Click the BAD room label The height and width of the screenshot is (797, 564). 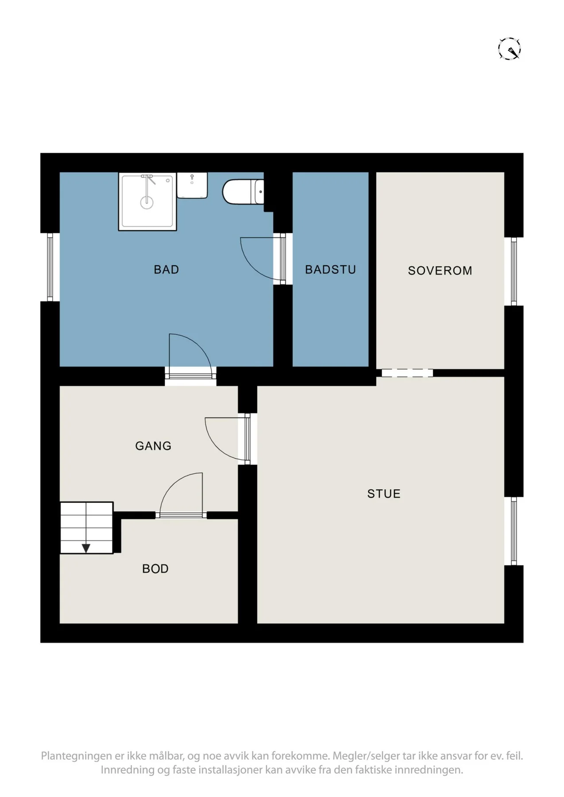pyautogui.click(x=166, y=269)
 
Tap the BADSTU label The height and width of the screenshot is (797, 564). pyautogui.click(x=331, y=269)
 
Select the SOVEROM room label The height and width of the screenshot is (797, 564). pyautogui.click(x=440, y=271)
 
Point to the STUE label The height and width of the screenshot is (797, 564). pyautogui.click(x=384, y=494)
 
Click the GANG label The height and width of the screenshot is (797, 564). pyautogui.click(x=153, y=446)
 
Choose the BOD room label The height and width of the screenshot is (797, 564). pyautogui.click(x=155, y=569)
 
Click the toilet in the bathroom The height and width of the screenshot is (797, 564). pyautogui.click(x=243, y=192)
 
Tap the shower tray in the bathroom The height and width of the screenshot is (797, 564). pyautogui.click(x=148, y=201)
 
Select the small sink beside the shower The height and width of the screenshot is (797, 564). pyautogui.click(x=192, y=185)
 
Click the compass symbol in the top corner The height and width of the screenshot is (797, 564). pyautogui.click(x=510, y=49)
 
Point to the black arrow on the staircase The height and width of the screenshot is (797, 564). pyautogui.click(x=86, y=548)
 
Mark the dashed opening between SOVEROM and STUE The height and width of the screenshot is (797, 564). pyautogui.click(x=407, y=373)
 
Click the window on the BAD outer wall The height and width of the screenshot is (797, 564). pyautogui.click(x=50, y=267)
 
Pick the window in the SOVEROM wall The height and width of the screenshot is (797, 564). pyautogui.click(x=514, y=271)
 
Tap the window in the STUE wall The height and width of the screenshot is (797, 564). pyautogui.click(x=514, y=531)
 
